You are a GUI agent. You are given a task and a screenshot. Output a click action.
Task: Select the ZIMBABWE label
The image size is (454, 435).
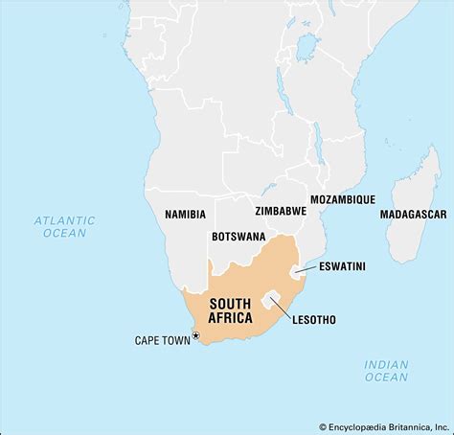[x=281, y=210]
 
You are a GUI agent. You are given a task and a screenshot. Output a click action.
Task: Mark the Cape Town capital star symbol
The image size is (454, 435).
[x=196, y=335]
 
